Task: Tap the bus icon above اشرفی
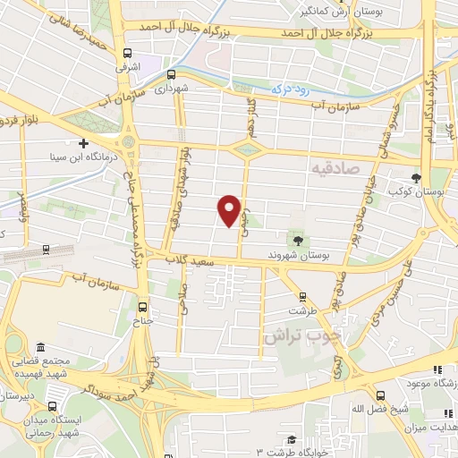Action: point(128,52)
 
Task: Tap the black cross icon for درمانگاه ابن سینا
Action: point(83,142)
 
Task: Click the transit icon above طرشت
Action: point(301,296)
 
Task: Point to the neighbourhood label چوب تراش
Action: point(293,335)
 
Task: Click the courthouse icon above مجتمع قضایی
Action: point(38,347)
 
